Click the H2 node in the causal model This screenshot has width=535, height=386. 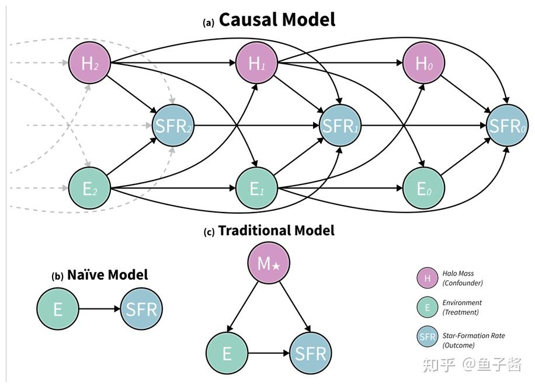[89, 63]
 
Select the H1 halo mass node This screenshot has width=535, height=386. [256, 63]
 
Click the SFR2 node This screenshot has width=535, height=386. [172, 126]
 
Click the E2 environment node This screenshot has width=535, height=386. [89, 188]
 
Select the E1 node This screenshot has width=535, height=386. [256, 188]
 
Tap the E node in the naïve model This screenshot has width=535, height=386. [58, 309]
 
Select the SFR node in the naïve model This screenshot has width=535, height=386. [141, 309]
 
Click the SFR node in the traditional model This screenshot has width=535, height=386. [310, 353]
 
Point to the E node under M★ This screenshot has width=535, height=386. [227, 353]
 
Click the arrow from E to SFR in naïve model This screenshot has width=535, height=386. [99, 309]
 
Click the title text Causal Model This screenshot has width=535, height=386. [276, 19]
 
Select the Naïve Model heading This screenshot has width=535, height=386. [107, 274]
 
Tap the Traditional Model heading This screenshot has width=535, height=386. [276, 231]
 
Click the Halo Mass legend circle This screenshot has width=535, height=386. [427, 279]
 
